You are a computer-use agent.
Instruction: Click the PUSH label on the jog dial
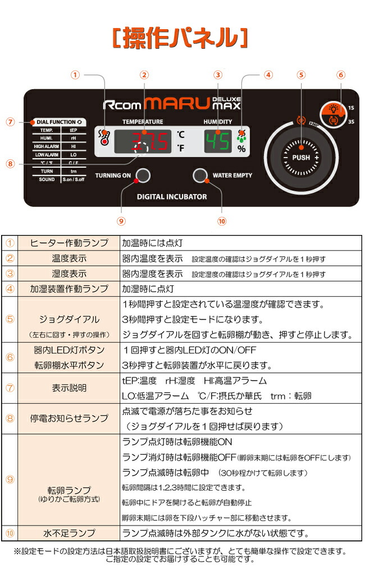point(302,158)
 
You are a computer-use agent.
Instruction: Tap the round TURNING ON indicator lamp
point(143,176)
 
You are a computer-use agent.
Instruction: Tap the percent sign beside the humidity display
point(241,149)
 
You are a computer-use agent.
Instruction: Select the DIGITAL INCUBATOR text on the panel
point(172,197)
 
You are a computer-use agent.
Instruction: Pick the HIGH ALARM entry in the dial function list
point(47,146)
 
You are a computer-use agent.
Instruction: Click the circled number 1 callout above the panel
point(77,75)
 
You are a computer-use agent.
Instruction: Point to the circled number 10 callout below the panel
point(222,221)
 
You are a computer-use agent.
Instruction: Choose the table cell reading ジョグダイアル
point(69,319)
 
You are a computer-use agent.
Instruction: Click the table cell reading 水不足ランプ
point(69,533)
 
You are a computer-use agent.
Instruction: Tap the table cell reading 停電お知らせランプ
point(69,418)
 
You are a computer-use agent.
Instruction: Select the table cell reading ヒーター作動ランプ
point(69,243)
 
